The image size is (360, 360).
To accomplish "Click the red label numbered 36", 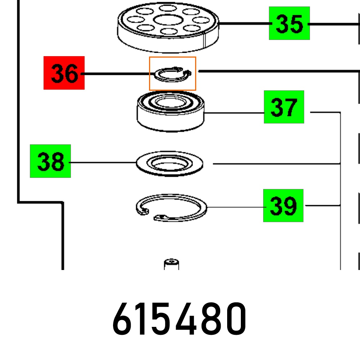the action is [64, 73].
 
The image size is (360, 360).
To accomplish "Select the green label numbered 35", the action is [289, 23].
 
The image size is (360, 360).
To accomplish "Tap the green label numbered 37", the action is [284, 107].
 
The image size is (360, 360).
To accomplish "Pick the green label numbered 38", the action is [50, 161].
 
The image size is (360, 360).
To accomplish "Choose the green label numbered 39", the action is [283, 206].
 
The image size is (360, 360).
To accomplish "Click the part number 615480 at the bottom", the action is [179, 319].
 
